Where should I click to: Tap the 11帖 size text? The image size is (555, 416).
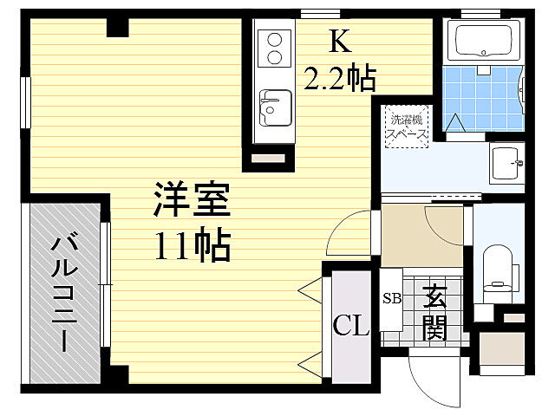point(193,248)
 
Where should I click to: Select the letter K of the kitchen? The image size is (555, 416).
point(338,41)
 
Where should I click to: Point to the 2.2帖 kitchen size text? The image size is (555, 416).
point(339,80)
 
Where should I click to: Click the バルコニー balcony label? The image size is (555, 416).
point(62,291)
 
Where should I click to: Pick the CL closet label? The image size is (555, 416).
point(351,327)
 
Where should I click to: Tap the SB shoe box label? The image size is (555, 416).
point(392,299)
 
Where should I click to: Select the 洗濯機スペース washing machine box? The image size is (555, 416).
point(406,127)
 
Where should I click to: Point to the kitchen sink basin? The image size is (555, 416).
point(274,108)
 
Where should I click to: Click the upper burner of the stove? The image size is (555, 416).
point(275,40)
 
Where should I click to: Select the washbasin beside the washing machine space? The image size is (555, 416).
point(505,160)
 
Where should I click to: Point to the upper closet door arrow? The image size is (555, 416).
point(309,287)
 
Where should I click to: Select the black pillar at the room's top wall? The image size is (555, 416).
point(117,28)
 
